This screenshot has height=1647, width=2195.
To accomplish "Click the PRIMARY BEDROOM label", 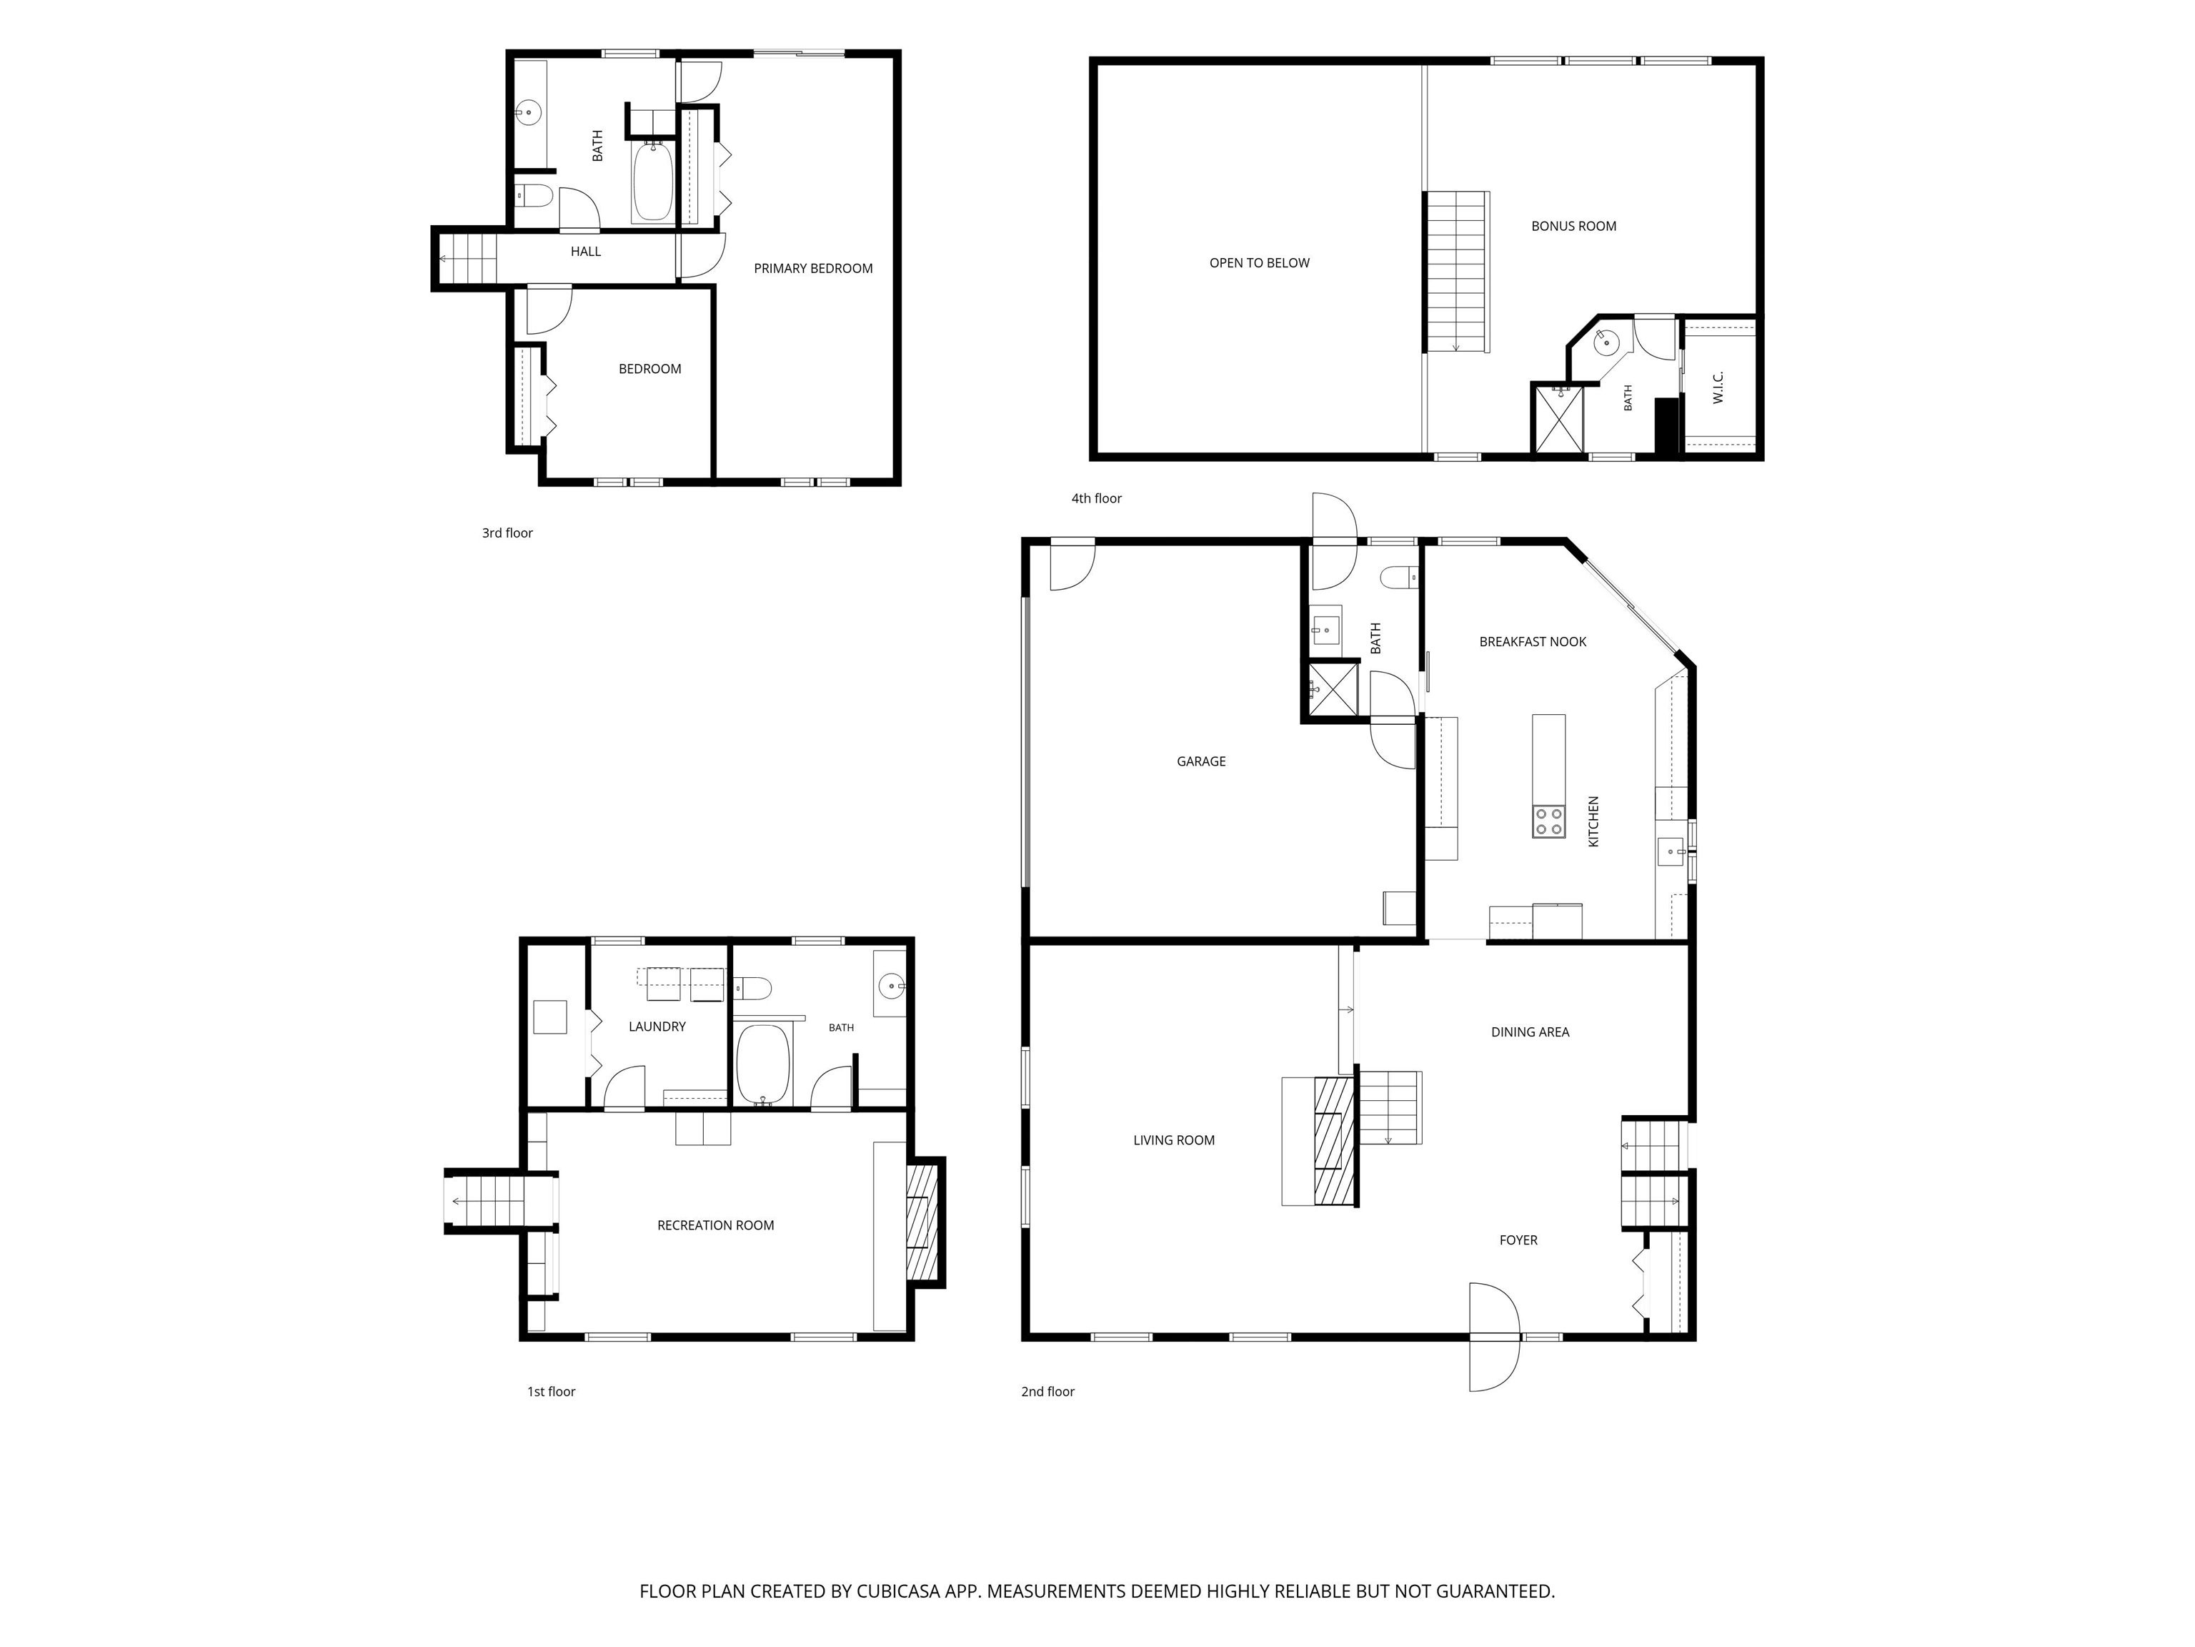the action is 812,268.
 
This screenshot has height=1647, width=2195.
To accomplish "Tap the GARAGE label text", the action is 1200,761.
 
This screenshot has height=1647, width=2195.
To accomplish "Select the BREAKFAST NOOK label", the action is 1532,641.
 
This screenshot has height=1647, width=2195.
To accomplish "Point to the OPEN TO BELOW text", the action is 1259,263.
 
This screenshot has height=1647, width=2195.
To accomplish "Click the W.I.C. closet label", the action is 1718,387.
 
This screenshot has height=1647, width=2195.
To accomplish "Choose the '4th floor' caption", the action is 1097,498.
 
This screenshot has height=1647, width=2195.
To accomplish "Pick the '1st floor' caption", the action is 551,1392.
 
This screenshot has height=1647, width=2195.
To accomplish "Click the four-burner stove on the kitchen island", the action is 1549,821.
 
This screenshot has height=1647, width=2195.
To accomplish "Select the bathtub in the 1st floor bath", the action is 763,1063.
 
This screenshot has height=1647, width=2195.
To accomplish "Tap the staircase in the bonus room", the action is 1458,271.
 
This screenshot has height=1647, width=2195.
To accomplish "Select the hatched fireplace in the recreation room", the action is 923,1221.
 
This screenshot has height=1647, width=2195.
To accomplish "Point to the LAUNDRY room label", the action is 657,1027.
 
